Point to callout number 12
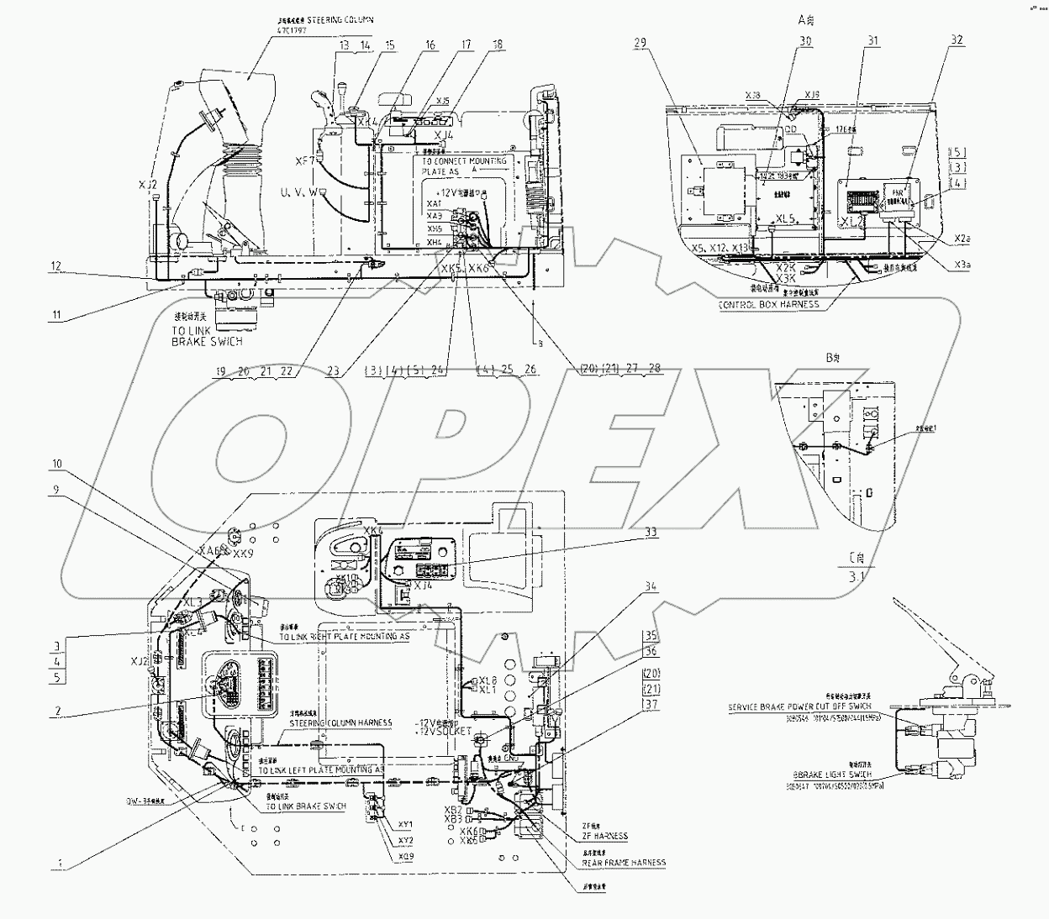[55, 266]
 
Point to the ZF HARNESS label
[605, 836]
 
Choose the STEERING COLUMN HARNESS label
[340, 722]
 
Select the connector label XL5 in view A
[786, 218]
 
